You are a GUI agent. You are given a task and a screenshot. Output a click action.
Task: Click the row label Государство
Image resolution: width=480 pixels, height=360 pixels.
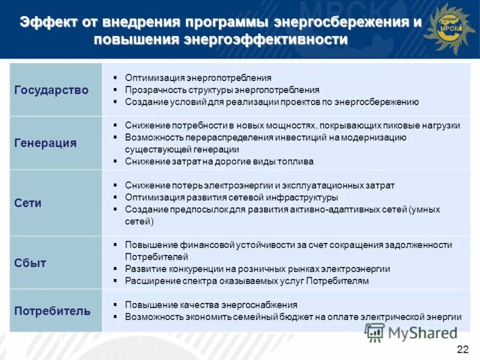click(x=51, y=90)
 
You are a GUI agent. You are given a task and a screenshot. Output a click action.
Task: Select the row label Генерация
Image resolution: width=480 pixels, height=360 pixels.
click(x=45, y=143)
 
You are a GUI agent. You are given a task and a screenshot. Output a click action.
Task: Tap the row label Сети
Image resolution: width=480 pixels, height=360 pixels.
click(x=28, y=203)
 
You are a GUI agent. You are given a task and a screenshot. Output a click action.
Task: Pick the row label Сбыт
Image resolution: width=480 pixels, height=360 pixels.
click(x=30, y=263)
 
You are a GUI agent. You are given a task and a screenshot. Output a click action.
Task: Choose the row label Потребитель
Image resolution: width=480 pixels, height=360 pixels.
click(x=52, y=311)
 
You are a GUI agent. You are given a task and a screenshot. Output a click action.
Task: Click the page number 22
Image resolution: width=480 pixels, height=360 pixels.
click(x=463, y=350)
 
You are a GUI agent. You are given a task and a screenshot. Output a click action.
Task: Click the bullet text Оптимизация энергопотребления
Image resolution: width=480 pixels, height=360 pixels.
click(x=198, y=78)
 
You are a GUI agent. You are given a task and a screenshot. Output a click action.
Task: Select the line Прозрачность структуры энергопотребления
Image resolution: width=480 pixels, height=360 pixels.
click(x=222, y=90)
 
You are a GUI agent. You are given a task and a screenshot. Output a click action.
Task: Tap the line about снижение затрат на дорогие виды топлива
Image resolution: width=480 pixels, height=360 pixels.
click(x=219, y=161)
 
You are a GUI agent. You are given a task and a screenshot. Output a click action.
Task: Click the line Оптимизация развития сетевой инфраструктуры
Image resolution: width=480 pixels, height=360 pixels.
click(x=231, y=197)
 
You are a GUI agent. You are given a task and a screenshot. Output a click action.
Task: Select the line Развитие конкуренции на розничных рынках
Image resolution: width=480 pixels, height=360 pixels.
click(x=257, y=269)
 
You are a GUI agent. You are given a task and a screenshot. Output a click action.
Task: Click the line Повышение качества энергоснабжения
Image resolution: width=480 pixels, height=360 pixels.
click(x=211, y=305)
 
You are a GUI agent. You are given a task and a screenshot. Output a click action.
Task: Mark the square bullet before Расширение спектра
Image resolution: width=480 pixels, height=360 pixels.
click(x=114, y=281)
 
